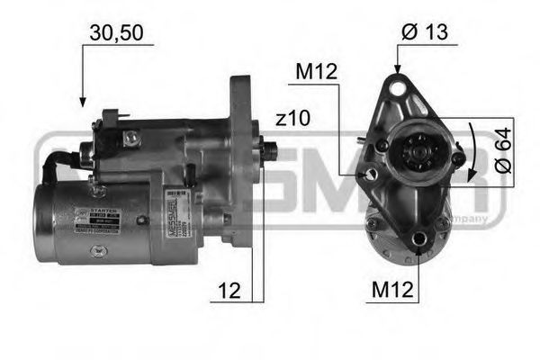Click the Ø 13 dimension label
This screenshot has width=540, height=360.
[x=426, y=32]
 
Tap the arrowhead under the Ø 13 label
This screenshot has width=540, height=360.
[x=396, y=68]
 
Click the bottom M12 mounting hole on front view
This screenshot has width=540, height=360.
[x=419, y=240]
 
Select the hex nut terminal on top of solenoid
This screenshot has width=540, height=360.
[x=131, y=137]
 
